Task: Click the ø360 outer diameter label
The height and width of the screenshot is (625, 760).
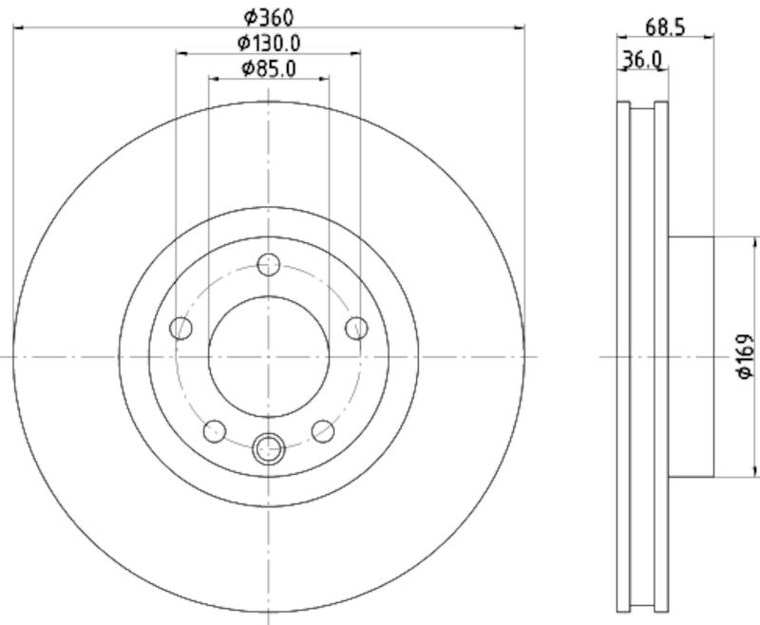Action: pos(269,16)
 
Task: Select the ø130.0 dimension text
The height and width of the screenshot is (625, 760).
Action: pos(269,42)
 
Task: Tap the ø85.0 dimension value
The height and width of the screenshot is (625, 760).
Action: pos(269,67)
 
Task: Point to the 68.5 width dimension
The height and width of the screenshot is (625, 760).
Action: pos(664,28)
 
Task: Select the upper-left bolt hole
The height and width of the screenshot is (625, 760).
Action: pos(180,329)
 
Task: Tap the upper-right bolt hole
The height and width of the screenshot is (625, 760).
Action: pos(356,329)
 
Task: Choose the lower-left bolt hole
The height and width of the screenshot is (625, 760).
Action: pos(215,431)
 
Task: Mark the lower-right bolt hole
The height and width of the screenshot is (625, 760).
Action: pos(323,431)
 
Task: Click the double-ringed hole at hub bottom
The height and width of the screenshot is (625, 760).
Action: pos(269,446)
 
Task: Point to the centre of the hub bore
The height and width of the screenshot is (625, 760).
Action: pos(269,356)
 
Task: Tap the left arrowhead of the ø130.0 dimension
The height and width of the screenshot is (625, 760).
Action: pos(180,53)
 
